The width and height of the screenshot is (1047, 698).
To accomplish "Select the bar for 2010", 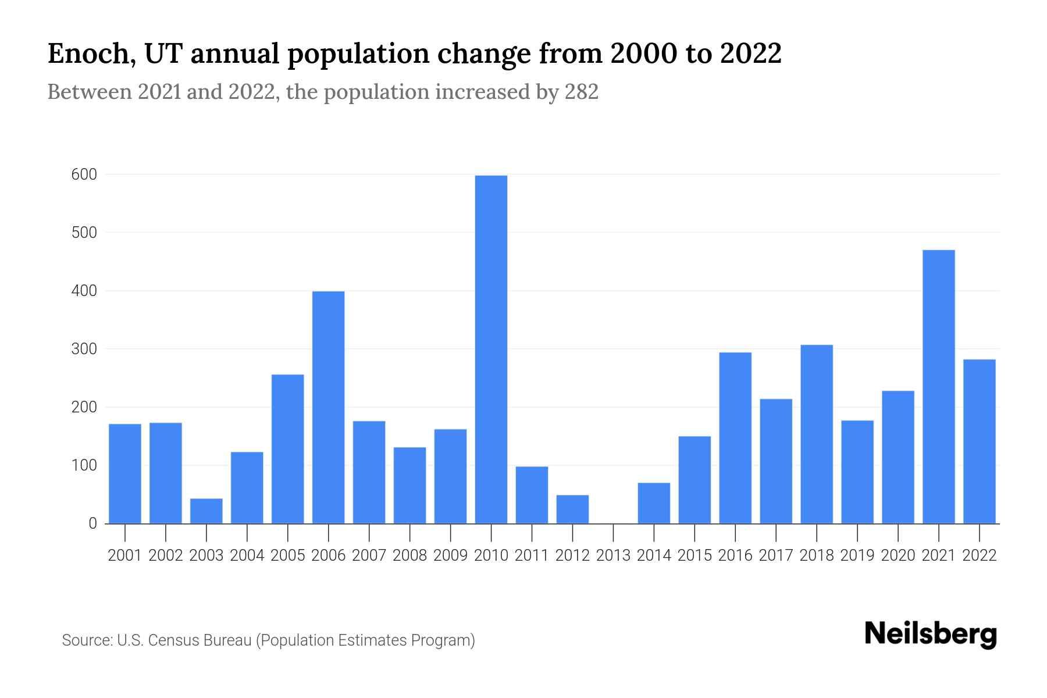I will (491, 349).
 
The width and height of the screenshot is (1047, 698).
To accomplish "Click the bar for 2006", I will (328, 407).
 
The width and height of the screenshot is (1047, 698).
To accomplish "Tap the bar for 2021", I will (938, 387).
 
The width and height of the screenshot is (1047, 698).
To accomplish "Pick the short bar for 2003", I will (206, 511).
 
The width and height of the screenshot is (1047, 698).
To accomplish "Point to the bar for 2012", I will (572, 509).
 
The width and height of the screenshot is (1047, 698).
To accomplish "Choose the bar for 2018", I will (817, 434).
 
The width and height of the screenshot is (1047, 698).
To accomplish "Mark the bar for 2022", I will (979, 441).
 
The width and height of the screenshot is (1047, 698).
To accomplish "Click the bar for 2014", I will (654, 503).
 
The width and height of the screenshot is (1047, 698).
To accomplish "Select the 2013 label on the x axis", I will (613, 555).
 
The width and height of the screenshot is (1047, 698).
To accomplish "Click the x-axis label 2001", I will (125, 555).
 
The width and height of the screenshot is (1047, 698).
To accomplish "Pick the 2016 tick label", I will (735, 555).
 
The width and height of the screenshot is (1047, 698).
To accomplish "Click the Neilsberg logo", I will (930, 634).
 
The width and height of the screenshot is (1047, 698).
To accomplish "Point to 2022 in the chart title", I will (750, 54).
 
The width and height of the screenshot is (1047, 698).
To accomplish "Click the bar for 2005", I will (287, 449).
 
